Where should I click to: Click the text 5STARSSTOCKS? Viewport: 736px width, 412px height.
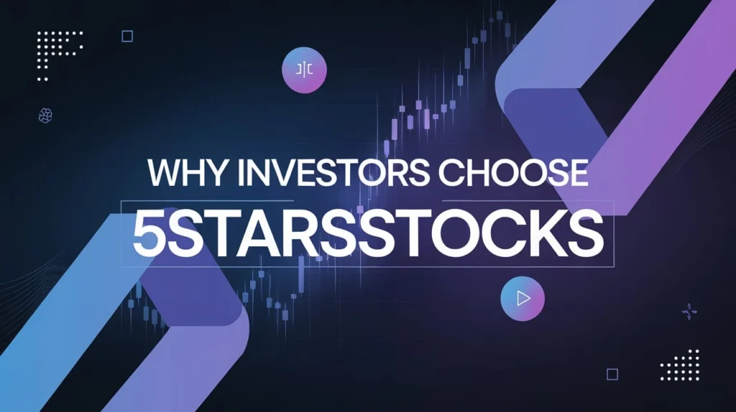tap(368, 230)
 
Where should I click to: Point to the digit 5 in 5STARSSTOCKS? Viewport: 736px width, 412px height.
tap(149, 230)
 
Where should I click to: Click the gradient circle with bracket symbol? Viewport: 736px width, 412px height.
tap(305, 70)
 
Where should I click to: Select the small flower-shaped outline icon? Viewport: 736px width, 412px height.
tap(45, 115)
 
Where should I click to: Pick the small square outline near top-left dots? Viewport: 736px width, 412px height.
tap(127, 36)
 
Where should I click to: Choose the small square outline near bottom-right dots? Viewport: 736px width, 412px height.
tap(612, 374)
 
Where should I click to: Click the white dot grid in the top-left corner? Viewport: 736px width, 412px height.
tap(59, 50)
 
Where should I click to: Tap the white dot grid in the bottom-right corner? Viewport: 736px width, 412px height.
tap(680, 365)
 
